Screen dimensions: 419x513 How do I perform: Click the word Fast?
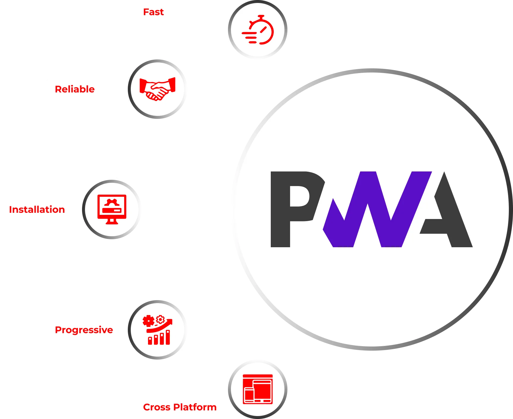[153, 12]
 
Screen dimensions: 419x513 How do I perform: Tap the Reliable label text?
[75, 89]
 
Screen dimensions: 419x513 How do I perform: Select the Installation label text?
[37, 209]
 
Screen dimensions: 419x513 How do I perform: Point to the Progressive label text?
[84, 330]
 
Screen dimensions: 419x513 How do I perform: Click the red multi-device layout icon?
[258, 389]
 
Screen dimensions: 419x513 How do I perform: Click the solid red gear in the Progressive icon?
[148, 321]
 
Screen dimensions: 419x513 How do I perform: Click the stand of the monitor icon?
[112, 221]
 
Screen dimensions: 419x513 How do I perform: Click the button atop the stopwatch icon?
[261, 16]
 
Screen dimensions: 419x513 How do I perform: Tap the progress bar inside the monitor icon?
[112, 210]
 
